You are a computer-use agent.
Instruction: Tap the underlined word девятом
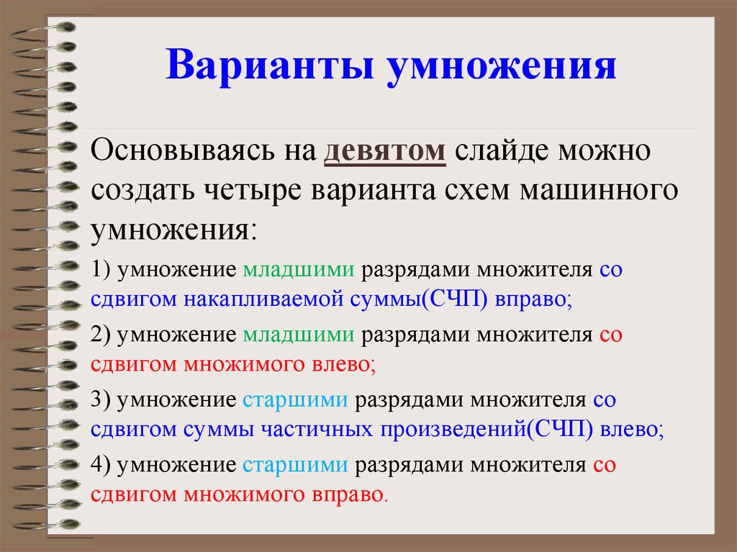[385, 153]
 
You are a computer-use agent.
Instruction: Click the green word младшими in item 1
[299, 271]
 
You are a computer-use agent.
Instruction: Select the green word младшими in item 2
[299, 335]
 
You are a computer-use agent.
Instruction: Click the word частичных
[317, 430]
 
